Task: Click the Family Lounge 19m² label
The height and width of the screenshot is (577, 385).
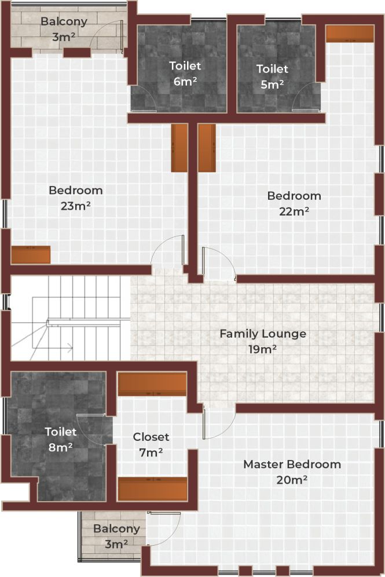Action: pyautogui.click(x=262, y=341)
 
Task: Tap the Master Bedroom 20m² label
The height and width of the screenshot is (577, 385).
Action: pyautogui.click(x=292, y=472)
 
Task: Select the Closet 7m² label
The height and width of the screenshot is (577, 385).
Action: pyautogui.click(x=151, y=444)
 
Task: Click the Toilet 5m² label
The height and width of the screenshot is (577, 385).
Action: pyautogui.click(x=272, y=76)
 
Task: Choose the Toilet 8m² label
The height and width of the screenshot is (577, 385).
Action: pyautogui.click(x=61, y=439)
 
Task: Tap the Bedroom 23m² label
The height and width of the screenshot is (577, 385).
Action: pyautogui.click(x=75, y=198)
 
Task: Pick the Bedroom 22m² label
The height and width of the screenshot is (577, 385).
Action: pyautogui.click(x=294, y=203)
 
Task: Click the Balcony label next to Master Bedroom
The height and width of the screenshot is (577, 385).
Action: pyautogui.click(x=116, y=536)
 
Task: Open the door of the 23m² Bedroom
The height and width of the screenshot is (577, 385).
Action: pyautogui.click(x=168, y=253)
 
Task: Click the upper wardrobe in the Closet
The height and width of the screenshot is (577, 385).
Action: pyautogui.click(x=152, y=384)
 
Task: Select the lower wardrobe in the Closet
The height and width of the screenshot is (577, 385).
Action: pyautogui.click(x=152, y=489)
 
